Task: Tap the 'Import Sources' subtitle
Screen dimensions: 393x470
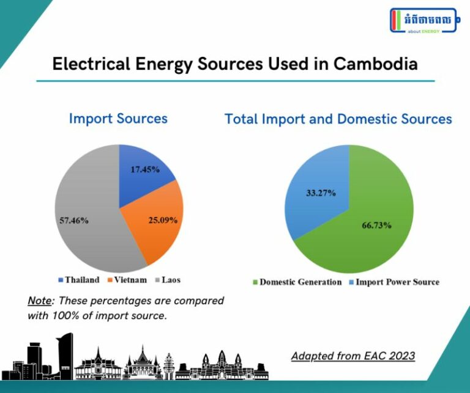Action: [x=118, y=118]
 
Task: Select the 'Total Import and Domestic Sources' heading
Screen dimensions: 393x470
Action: [x=338, y=119]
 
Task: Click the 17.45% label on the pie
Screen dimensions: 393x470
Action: [x=145, y=169]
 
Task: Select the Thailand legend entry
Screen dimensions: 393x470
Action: [x=79, y=280]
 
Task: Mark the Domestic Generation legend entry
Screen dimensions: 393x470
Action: [x=297, y=282]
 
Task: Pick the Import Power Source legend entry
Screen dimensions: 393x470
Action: [x=394, y=282]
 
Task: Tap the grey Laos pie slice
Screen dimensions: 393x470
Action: [x=86, y=196]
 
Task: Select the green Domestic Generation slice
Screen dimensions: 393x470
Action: [x=367, y=244]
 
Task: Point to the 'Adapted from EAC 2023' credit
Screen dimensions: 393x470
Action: [x=352, y=356]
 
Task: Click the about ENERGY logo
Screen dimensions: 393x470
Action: [x=423, y=21]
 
